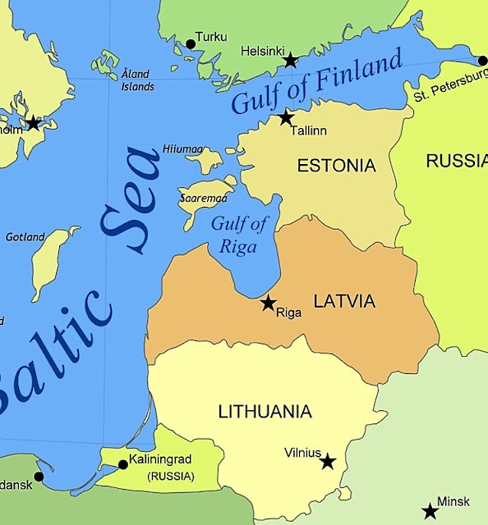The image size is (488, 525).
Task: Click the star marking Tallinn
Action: click(286, 117)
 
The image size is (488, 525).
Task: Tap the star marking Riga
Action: click(268, 303)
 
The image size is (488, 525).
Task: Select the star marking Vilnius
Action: click(328, 461)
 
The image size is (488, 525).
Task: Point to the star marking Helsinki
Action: click(290, 60)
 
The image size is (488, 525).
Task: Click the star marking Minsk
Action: click(430, 511)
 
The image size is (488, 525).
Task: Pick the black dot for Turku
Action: click(191, 43)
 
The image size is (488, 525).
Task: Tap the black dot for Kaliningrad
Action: click(122, 464)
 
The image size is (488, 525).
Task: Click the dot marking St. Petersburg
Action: click(482, 60)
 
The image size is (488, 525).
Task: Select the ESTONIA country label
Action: click(336, 166)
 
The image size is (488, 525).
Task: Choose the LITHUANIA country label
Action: click(265, 412)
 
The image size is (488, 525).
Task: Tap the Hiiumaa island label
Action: click(182, 148)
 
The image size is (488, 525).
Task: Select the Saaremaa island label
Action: click(201, 199)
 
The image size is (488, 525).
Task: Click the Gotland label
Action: click(25, 237)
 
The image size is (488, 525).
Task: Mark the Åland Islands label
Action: click(137, 80)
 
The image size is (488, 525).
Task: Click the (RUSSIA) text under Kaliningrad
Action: click(170, 476)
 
